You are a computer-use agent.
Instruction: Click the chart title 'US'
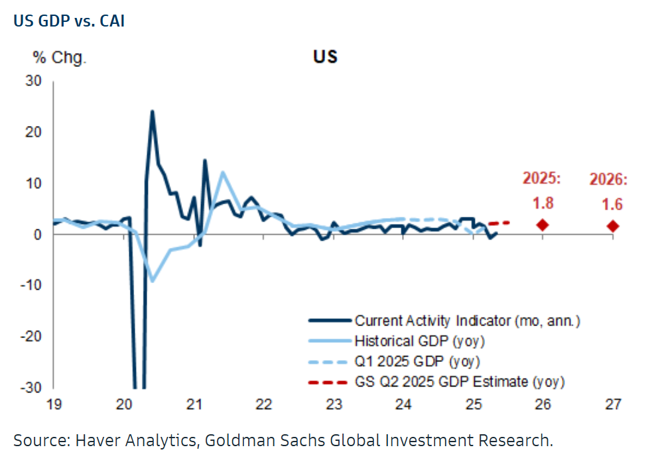[x=325, y=57]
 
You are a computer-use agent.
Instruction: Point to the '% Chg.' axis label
[x=60, y=58]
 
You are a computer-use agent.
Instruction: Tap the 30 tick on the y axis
[x=33, y=81]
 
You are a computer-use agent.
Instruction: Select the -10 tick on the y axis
[x=31, y=285]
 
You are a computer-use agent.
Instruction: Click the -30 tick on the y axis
[x=31, y=387]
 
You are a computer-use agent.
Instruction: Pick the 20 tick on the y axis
[x=33, y=132]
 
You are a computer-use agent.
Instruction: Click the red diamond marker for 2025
[x=543, y=225]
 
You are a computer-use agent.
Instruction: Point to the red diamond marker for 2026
[x=612, y=226]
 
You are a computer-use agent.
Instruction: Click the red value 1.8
[x=543, y=203]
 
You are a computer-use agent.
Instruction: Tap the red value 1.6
[x=609, y=204]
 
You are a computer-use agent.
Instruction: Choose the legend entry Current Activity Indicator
[x=468, y=321]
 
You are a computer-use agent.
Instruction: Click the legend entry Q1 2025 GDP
[x=417, y=361]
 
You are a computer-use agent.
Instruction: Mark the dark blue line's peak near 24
[x=152, y=111]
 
